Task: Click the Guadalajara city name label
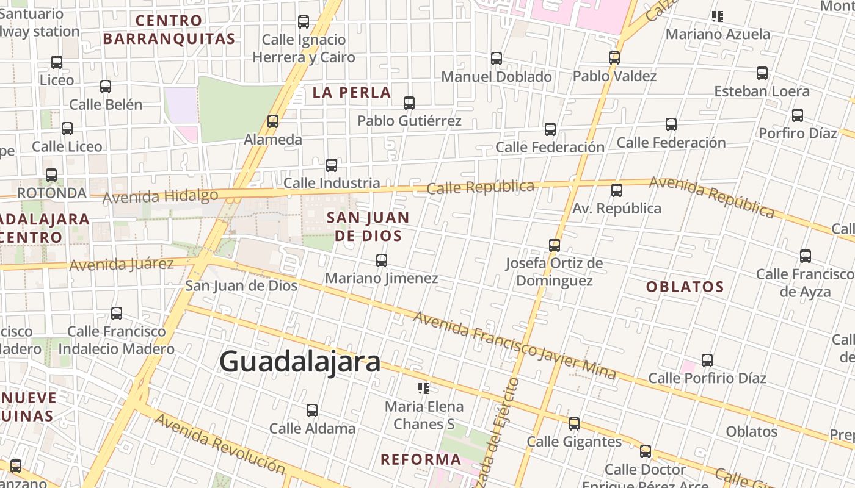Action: [300, 361]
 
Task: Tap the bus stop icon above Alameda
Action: [273, 121]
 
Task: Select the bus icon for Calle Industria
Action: [332, 165]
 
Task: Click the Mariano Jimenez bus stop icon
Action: [382, 260]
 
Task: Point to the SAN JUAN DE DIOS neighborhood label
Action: [368, 226]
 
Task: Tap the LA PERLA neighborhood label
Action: [352, 93]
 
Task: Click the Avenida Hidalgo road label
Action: [160, 196]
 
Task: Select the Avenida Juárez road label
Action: [122, 265]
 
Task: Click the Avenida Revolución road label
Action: [219, 443]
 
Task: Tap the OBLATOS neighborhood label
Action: [685, 287]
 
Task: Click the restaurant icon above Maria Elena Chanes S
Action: [424, 388]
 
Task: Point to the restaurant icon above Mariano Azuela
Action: [718, 16]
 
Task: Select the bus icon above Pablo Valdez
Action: [614, 58]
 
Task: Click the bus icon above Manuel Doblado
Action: [497, 59]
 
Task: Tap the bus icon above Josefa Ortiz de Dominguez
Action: [555, 245]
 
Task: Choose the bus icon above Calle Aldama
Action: [312, 410]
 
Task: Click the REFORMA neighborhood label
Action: [421, 459]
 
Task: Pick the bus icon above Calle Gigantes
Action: [574, 423]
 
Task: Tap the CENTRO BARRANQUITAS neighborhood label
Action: [169, 29]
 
